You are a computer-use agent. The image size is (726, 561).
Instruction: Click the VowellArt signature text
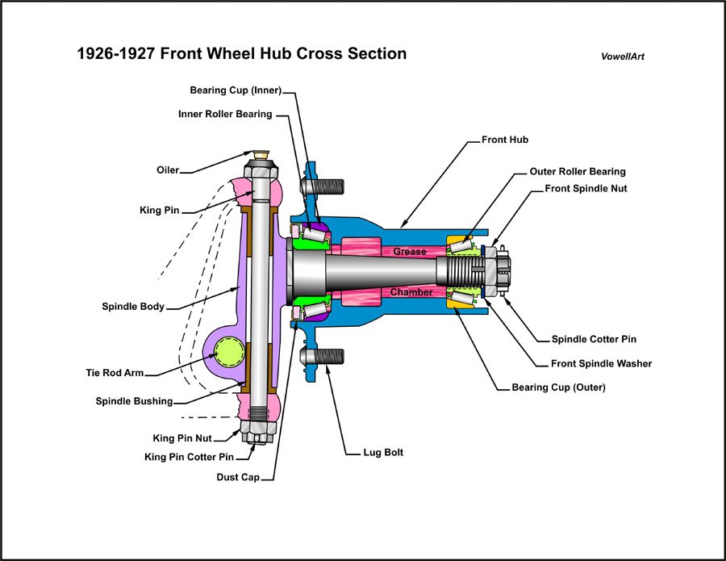[623, 57]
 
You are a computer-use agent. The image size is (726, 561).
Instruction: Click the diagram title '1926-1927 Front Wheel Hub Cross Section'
[241, 54]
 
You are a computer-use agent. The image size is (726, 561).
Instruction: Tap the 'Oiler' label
[168, 170]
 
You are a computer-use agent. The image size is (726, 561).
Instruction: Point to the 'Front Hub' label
[505, 140]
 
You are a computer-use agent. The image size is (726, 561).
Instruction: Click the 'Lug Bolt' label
[383, 453]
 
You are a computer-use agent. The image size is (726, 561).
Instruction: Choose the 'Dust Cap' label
[238, 477]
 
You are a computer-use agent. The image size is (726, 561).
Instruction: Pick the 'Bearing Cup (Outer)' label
[558, 387]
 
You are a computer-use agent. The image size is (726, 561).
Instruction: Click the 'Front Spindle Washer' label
[600, 363]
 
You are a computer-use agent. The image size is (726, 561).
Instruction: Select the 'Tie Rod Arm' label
[115, 373]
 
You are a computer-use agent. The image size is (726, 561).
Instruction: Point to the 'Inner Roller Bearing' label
[225, 114]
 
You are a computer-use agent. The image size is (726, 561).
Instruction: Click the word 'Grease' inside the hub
[410, 252]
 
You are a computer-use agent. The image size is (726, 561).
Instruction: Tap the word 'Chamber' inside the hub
[411, 292]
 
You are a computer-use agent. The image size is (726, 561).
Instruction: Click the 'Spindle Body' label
[133, 307]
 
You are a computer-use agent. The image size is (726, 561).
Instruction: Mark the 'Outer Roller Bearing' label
[577, 172]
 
